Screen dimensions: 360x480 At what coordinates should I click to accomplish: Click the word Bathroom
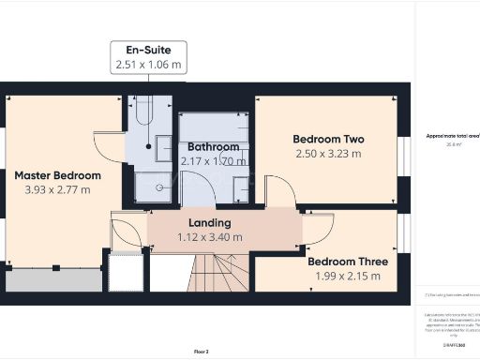213,147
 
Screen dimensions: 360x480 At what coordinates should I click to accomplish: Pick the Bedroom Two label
328,139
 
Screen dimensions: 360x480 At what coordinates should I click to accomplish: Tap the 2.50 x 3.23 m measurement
328,154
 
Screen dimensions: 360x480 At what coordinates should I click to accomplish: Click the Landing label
209,222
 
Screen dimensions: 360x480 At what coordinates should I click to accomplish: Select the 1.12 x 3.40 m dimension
209,237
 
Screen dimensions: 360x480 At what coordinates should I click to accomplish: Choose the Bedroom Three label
344,261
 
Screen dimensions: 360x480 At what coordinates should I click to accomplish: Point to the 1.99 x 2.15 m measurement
344,276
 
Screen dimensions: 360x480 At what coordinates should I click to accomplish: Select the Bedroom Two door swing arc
280,194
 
